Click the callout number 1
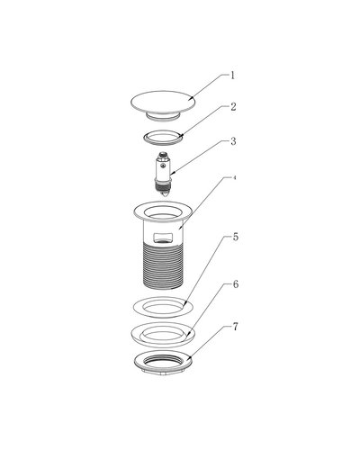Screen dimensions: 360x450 (232, 76)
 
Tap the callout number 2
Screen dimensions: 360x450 (233, 107)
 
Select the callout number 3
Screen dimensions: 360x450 (233, 141)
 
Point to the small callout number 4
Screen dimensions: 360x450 (235, 177)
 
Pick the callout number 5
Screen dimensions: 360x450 (236, 237)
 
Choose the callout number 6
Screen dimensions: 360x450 (236, 284)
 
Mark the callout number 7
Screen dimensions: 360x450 (236, 327)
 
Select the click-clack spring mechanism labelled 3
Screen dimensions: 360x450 (163, 174)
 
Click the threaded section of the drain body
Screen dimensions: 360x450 (163, 265)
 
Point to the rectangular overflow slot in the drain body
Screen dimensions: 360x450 (163, 238)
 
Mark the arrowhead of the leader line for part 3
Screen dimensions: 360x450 (172, 174)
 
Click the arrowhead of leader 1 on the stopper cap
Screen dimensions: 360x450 (191, 98)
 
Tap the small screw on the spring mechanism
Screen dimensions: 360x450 (163, 166)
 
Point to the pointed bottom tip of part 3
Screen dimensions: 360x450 (163, 195)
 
